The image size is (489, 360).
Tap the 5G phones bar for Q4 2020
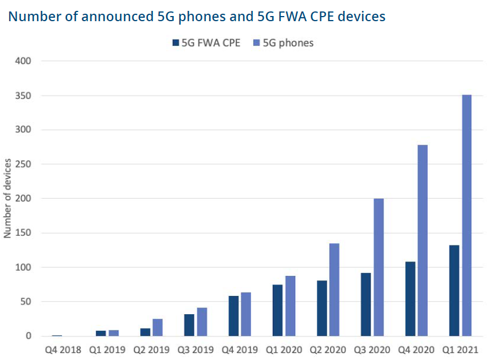point(423,240)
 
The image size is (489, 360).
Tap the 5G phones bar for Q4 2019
point(246,314)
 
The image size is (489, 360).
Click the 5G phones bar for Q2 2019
point(157,327)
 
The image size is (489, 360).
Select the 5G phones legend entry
point(283,43)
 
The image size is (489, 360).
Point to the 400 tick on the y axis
point(24,61)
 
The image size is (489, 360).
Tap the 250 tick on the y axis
point(24,164)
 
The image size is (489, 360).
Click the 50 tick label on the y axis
point(26,302)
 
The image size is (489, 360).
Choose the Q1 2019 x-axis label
point(107,349)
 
